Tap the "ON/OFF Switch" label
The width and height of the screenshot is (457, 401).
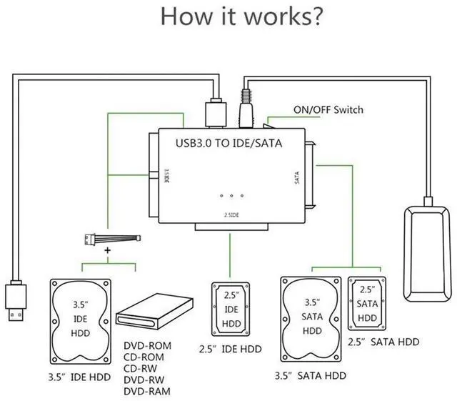tap(328, 109)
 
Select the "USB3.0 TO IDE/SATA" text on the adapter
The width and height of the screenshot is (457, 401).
tap(228, 143)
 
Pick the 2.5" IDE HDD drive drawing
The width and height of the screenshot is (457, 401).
tap(231, 310)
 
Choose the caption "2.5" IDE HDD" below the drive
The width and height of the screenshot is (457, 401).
tap(230, 349)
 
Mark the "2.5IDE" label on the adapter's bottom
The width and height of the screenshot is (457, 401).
tap(232, 215)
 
